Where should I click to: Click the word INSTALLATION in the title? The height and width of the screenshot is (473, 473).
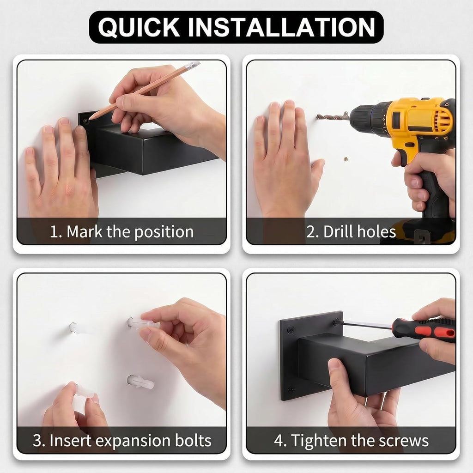click(281, 27)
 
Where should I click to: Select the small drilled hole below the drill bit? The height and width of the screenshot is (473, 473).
click(346, 159)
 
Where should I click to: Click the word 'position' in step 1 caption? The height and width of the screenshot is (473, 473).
click(164, 232)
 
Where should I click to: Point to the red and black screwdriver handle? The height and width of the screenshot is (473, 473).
click(423, 330)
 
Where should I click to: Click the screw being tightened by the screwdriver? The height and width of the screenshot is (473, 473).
click(336, 321)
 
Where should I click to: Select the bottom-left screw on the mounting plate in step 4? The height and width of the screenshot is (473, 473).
click(291, 389)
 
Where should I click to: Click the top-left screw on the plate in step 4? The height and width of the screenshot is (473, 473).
click(290, 330)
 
